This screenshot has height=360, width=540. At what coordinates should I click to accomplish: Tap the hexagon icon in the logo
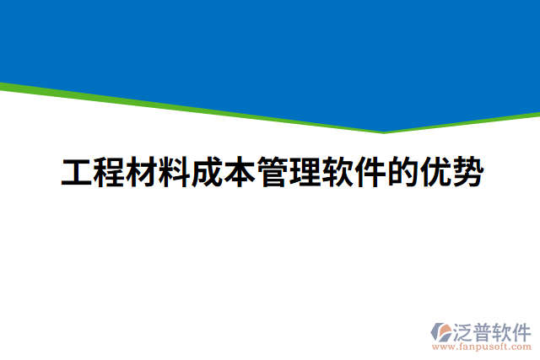point(442,331)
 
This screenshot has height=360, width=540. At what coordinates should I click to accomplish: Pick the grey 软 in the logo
point(503,330)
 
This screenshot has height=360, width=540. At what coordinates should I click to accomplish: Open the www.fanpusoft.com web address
point(481,346)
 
